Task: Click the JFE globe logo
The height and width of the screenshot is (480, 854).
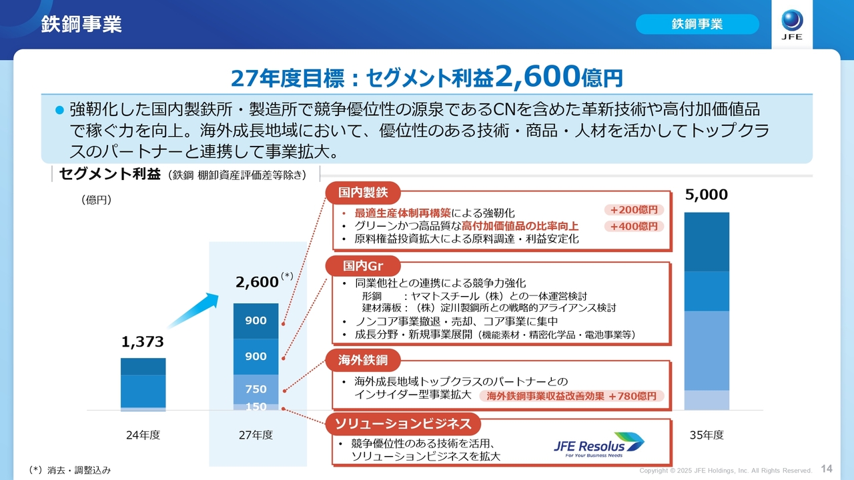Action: click(792, 25)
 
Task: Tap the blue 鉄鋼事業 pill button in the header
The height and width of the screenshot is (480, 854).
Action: click(697, 24)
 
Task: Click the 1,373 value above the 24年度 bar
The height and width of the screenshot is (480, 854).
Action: click(143, 342)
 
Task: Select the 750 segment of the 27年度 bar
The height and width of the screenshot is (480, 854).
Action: click(256, 389)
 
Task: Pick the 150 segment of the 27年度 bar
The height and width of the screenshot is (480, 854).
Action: click(256, 407)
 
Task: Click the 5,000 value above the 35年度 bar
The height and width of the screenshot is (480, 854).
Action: click(707, 194)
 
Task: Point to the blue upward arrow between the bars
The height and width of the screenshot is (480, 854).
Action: click(193, 310)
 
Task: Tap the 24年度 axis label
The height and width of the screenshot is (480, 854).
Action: click(143, 435)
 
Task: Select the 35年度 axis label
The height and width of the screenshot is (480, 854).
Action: click(707, 435)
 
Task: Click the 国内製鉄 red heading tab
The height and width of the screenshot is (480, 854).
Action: click(362, 193)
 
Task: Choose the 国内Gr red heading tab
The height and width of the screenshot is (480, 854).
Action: click(362, 265)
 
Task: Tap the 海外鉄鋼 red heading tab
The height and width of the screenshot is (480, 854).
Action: click(362, 360)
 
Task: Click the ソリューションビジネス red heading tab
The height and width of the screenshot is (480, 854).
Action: click(403, 423)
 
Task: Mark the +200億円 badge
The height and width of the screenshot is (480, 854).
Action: click(634, 210)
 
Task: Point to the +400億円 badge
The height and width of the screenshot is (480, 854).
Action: click(634, 226)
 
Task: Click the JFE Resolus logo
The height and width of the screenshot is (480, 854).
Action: click(598, 445)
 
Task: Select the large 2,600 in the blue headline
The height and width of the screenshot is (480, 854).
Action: click(537, 76)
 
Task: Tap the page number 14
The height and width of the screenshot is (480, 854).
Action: click(827, 469)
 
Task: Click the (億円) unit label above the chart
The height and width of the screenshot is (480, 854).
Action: click(97, 199)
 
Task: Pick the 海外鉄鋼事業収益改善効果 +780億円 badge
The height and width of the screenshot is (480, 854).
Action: click(571, 396)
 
